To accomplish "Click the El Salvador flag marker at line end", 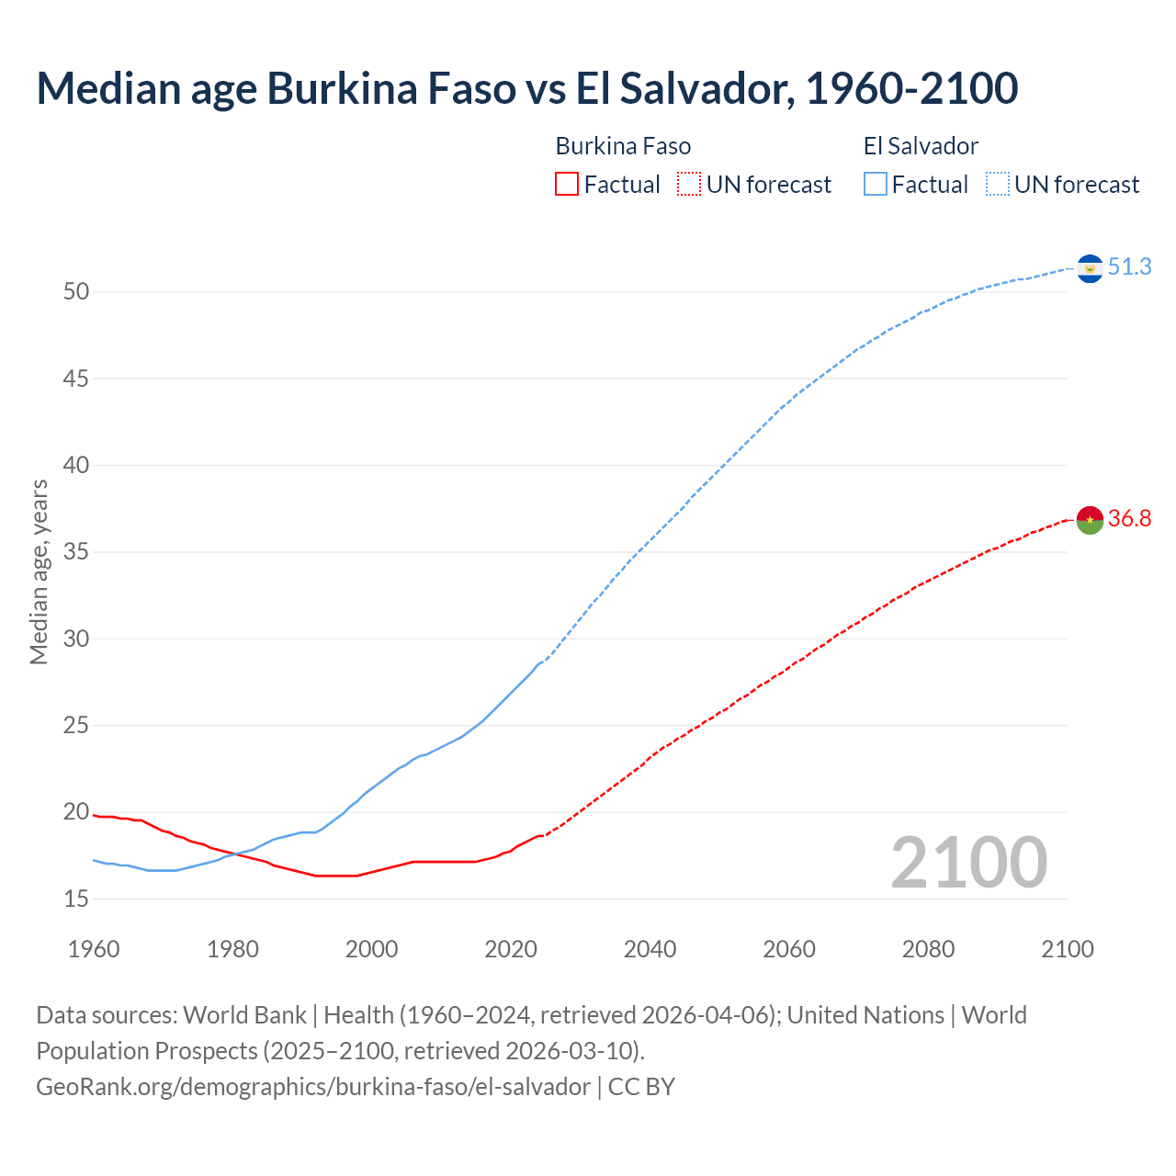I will (x=1090, y=268).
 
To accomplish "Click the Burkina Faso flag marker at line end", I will (x=1090, y=520).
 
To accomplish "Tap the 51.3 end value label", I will (x=1129, y=266).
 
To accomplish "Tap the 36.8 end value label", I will (x=1129, y=519).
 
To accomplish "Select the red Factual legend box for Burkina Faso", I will (x=567, y=185).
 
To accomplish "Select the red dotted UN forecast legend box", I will (x=689, y=185).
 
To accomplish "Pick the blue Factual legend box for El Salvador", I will (x=876, y=185).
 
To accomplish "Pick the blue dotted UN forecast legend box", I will (x=997, y=185).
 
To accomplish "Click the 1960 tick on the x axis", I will (x=94, y=949).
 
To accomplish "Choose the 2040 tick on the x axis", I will (x=650, y=949).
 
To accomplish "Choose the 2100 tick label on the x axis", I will (x=1068, y=949).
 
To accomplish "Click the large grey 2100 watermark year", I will (x=968, y=862).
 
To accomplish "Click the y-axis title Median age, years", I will (x=39, y=571).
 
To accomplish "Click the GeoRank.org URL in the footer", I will (x=313, y=1087).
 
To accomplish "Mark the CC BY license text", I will (x=641, y=1087).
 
